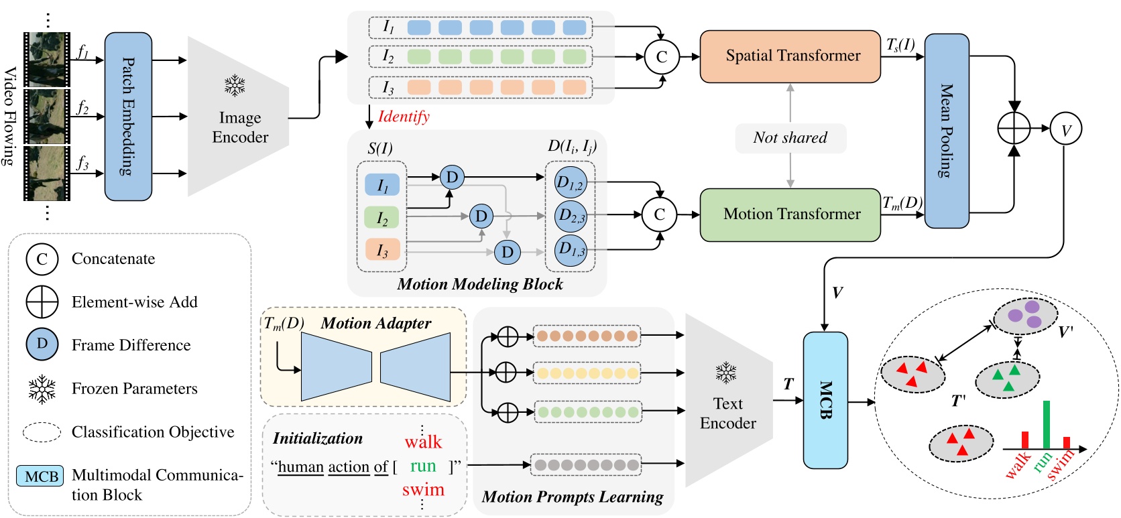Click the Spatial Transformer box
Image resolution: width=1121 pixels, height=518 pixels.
(790, 56)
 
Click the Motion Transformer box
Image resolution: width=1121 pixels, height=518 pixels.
(790, 214)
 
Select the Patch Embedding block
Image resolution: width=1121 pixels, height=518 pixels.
(128, 117)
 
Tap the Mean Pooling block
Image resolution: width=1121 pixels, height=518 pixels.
(946, 131)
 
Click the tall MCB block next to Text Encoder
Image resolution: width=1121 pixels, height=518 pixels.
(825, 400)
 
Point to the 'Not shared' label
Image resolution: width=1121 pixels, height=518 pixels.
(790, 138)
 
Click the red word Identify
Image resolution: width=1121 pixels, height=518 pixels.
(404, 117)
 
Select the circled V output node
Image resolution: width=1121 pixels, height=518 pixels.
(1066, 129)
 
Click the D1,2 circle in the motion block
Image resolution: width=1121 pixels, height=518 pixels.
(571, 182)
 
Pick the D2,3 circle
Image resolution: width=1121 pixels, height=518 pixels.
(571, 216)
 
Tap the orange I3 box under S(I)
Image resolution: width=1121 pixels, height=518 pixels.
(382, 250)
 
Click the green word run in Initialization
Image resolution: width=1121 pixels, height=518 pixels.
(423, 466)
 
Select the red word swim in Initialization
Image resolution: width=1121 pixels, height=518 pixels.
(423, 490)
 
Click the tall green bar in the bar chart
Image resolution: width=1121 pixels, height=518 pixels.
(1046, 425)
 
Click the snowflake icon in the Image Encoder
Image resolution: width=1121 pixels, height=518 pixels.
(235, 86)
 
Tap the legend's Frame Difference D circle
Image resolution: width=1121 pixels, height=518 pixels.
(42, 344)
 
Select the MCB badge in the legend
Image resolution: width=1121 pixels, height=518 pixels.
(40, 476)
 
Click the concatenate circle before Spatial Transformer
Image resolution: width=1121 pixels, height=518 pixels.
(661, 57)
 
